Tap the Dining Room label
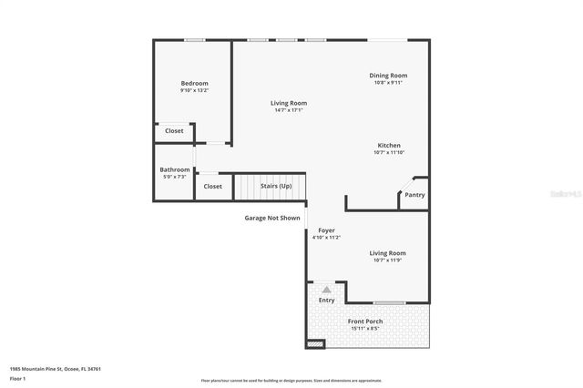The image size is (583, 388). tap(388, 76)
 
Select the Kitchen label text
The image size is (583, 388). tap(389, 146)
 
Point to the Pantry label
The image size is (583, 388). tap(414, 195)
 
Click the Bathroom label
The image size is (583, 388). tap(175, 169)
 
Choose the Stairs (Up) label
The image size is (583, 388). tap(276, 186)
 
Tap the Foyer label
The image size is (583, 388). tap(326, 230)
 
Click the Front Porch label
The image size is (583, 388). tap(365, 322)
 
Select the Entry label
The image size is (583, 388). tap(326, 300)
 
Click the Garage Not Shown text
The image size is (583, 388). tap(271, 218)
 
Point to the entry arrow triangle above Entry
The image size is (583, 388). tap(326, 289)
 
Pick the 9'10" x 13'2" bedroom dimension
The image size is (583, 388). tap(194, 90)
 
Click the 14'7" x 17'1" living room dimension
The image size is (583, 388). tap(288, 110)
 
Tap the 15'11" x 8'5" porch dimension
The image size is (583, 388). tap(365, 328)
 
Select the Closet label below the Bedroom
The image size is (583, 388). tap(174, 131)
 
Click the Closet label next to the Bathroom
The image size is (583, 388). tap(212, 187)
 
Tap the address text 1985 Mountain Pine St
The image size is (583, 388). tap(55, 369)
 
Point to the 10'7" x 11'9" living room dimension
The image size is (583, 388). tap(387, 260)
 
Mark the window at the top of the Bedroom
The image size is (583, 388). tap(194, 40)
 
